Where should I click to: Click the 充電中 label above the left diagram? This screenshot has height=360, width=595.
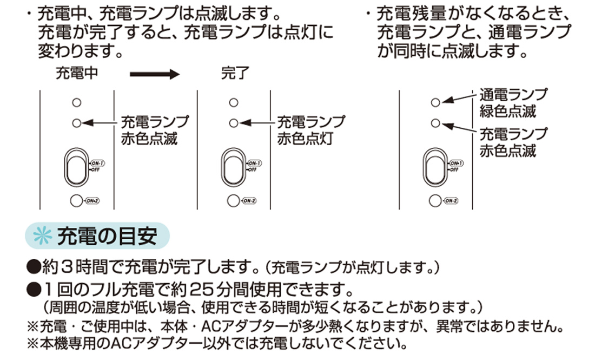[x=77, y=74]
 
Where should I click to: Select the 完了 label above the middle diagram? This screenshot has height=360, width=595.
[x=235, y=74]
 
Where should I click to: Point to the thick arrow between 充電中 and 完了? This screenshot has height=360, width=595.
[x=154, y=74]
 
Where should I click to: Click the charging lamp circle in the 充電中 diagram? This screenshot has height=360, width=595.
[x=77, y=123]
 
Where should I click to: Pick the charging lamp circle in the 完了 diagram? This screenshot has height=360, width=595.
[x=233, y=123]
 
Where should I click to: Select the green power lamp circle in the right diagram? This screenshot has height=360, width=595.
[x=435, y=102]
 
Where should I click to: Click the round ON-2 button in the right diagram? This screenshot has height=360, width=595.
[x=434, y=201]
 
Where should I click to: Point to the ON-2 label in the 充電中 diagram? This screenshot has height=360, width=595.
[x=92, y=201]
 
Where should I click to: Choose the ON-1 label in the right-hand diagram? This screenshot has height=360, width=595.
[x=456, y=163]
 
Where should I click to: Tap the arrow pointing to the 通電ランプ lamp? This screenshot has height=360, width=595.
[x=460, y=97]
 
